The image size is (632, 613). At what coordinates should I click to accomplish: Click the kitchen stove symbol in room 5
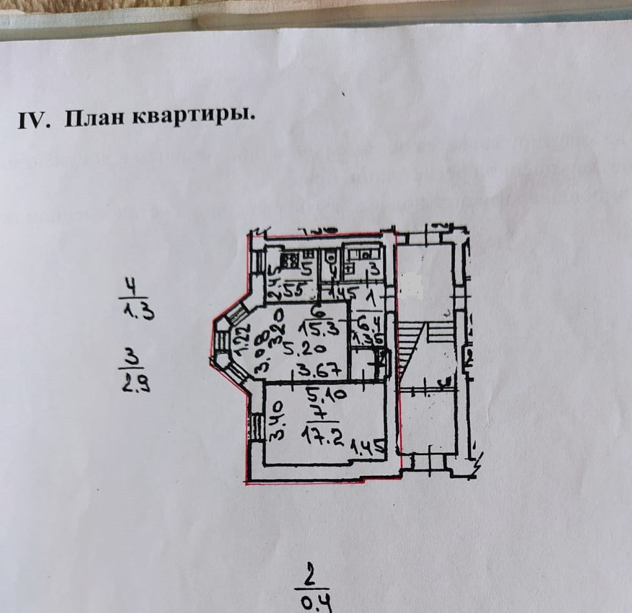coord(289,263)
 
